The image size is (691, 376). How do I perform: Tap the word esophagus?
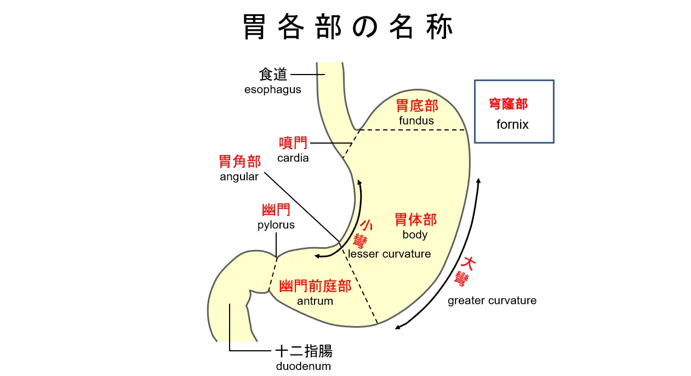click(x=272, y=89)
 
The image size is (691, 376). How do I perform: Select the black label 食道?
click(x=273, y=75)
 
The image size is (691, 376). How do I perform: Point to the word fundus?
click(x=416, y=121)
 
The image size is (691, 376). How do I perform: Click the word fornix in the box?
click(x=512, y=124)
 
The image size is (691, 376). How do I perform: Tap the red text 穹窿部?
click(x=508, y=104)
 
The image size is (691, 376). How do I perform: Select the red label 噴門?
click(x=293, y=144)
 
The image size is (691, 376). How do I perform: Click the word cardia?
click(x=293, y=158)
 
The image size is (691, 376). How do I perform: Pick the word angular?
click(x=239, y=176)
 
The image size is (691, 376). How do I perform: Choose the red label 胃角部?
click(x=239, y=162)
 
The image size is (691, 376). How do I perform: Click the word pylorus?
click(x=276, y=225)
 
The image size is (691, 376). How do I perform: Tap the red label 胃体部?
click(x=416, y=220)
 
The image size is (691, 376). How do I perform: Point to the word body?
click(x=415, y=235)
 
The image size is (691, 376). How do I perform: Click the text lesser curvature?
click(x=390, y=254)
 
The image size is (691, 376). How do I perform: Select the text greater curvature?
click(x=492, y=300)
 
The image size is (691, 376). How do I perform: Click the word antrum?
click(x=315, y=301)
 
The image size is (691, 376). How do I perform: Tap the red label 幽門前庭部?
click(x=315, y=286)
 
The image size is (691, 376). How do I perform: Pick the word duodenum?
click(x=304, y=366)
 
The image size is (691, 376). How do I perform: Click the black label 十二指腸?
click(x=304, y=351)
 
